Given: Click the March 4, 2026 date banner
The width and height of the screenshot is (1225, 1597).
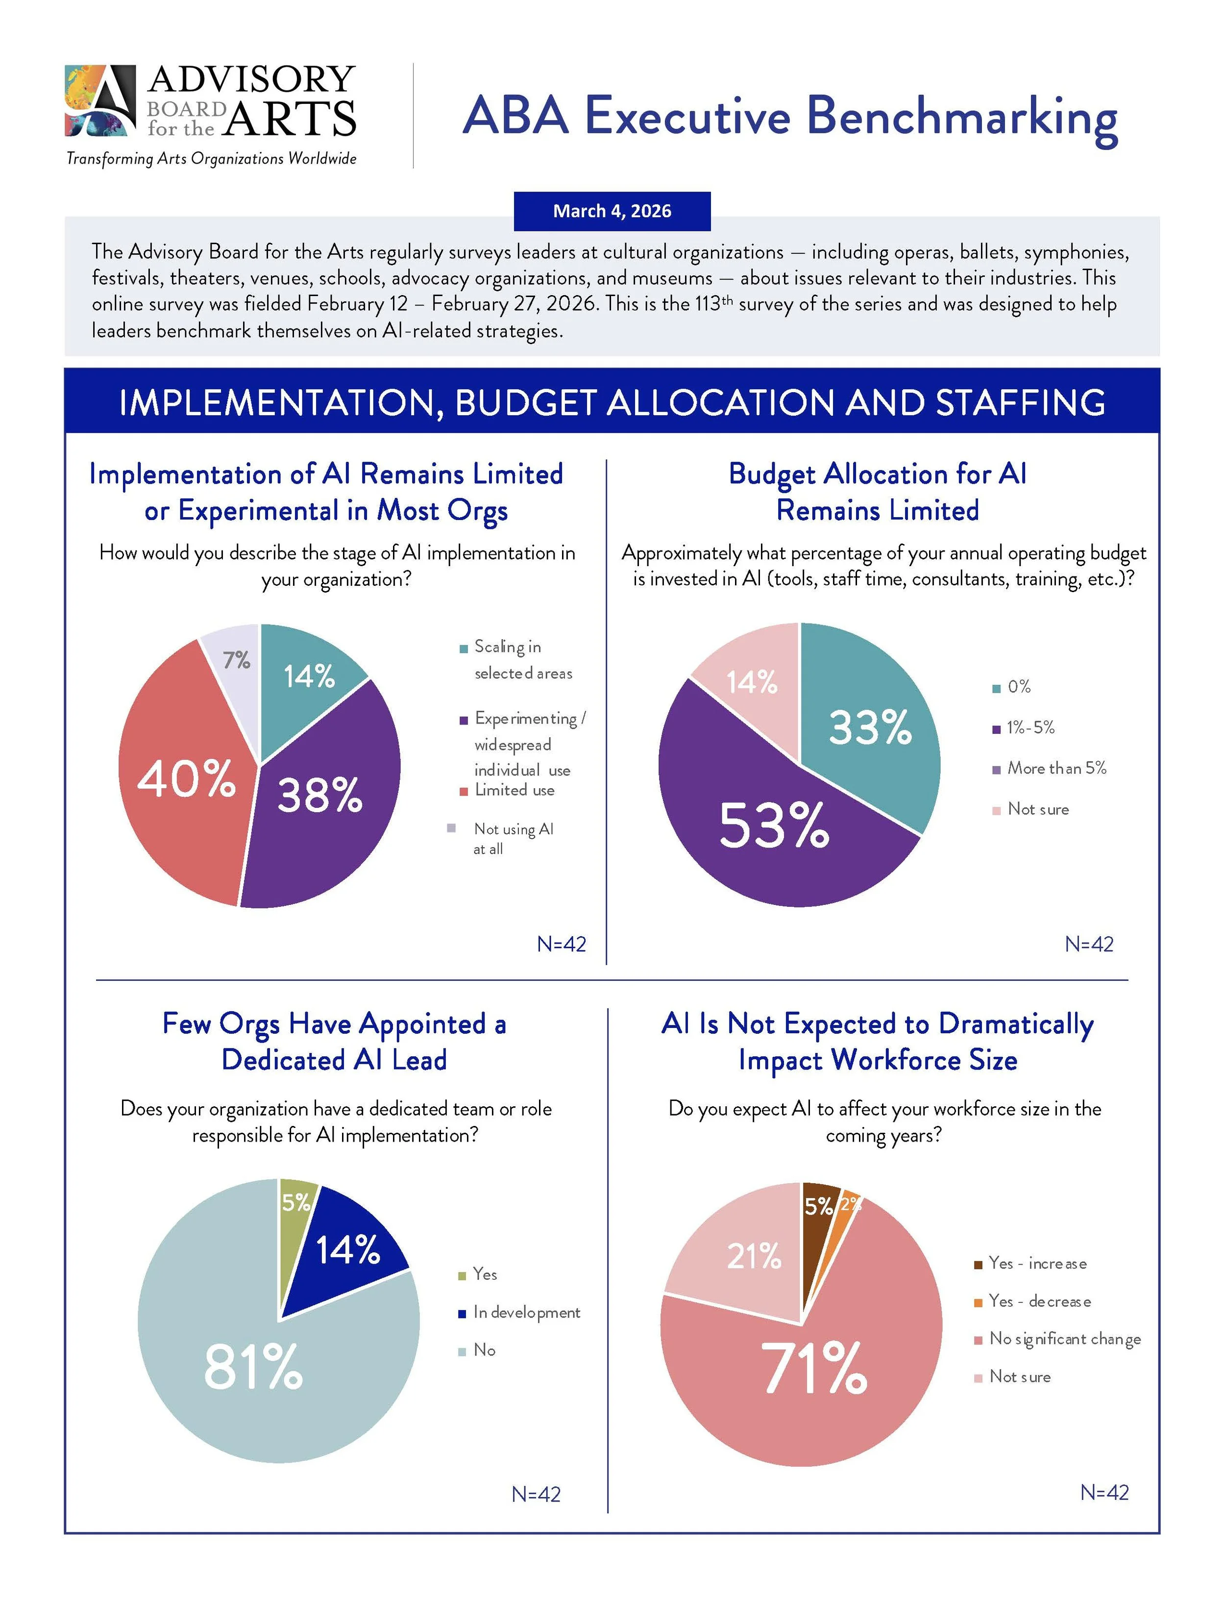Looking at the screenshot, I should click(x=612, y=211).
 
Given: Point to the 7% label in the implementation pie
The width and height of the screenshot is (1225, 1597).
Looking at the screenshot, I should click(x=236, y=660).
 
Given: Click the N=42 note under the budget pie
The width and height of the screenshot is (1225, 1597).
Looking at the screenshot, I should click(x=1089, y=945).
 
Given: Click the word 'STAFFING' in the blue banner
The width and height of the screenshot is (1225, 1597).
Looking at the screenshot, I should click(x=1020, y=402).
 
